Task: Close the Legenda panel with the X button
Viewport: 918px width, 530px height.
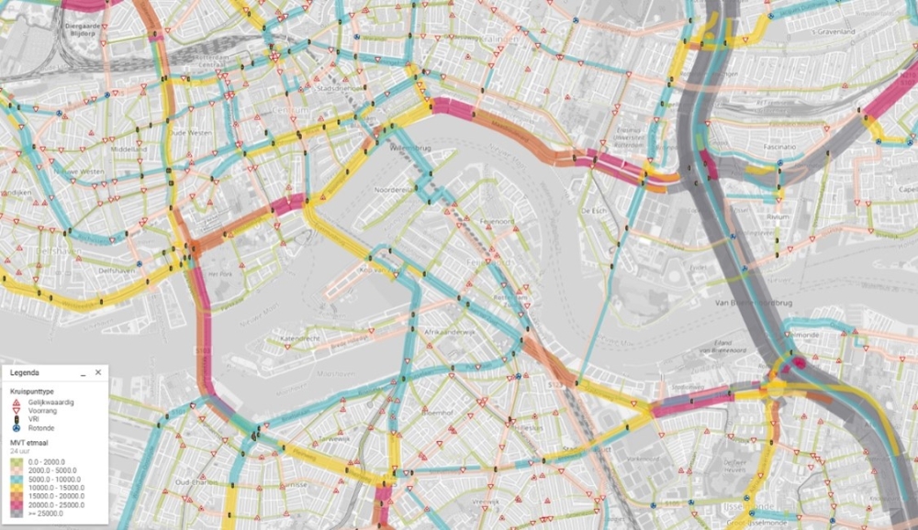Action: click(98, 373)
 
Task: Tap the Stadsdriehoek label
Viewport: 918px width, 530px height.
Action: click(336, 89)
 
